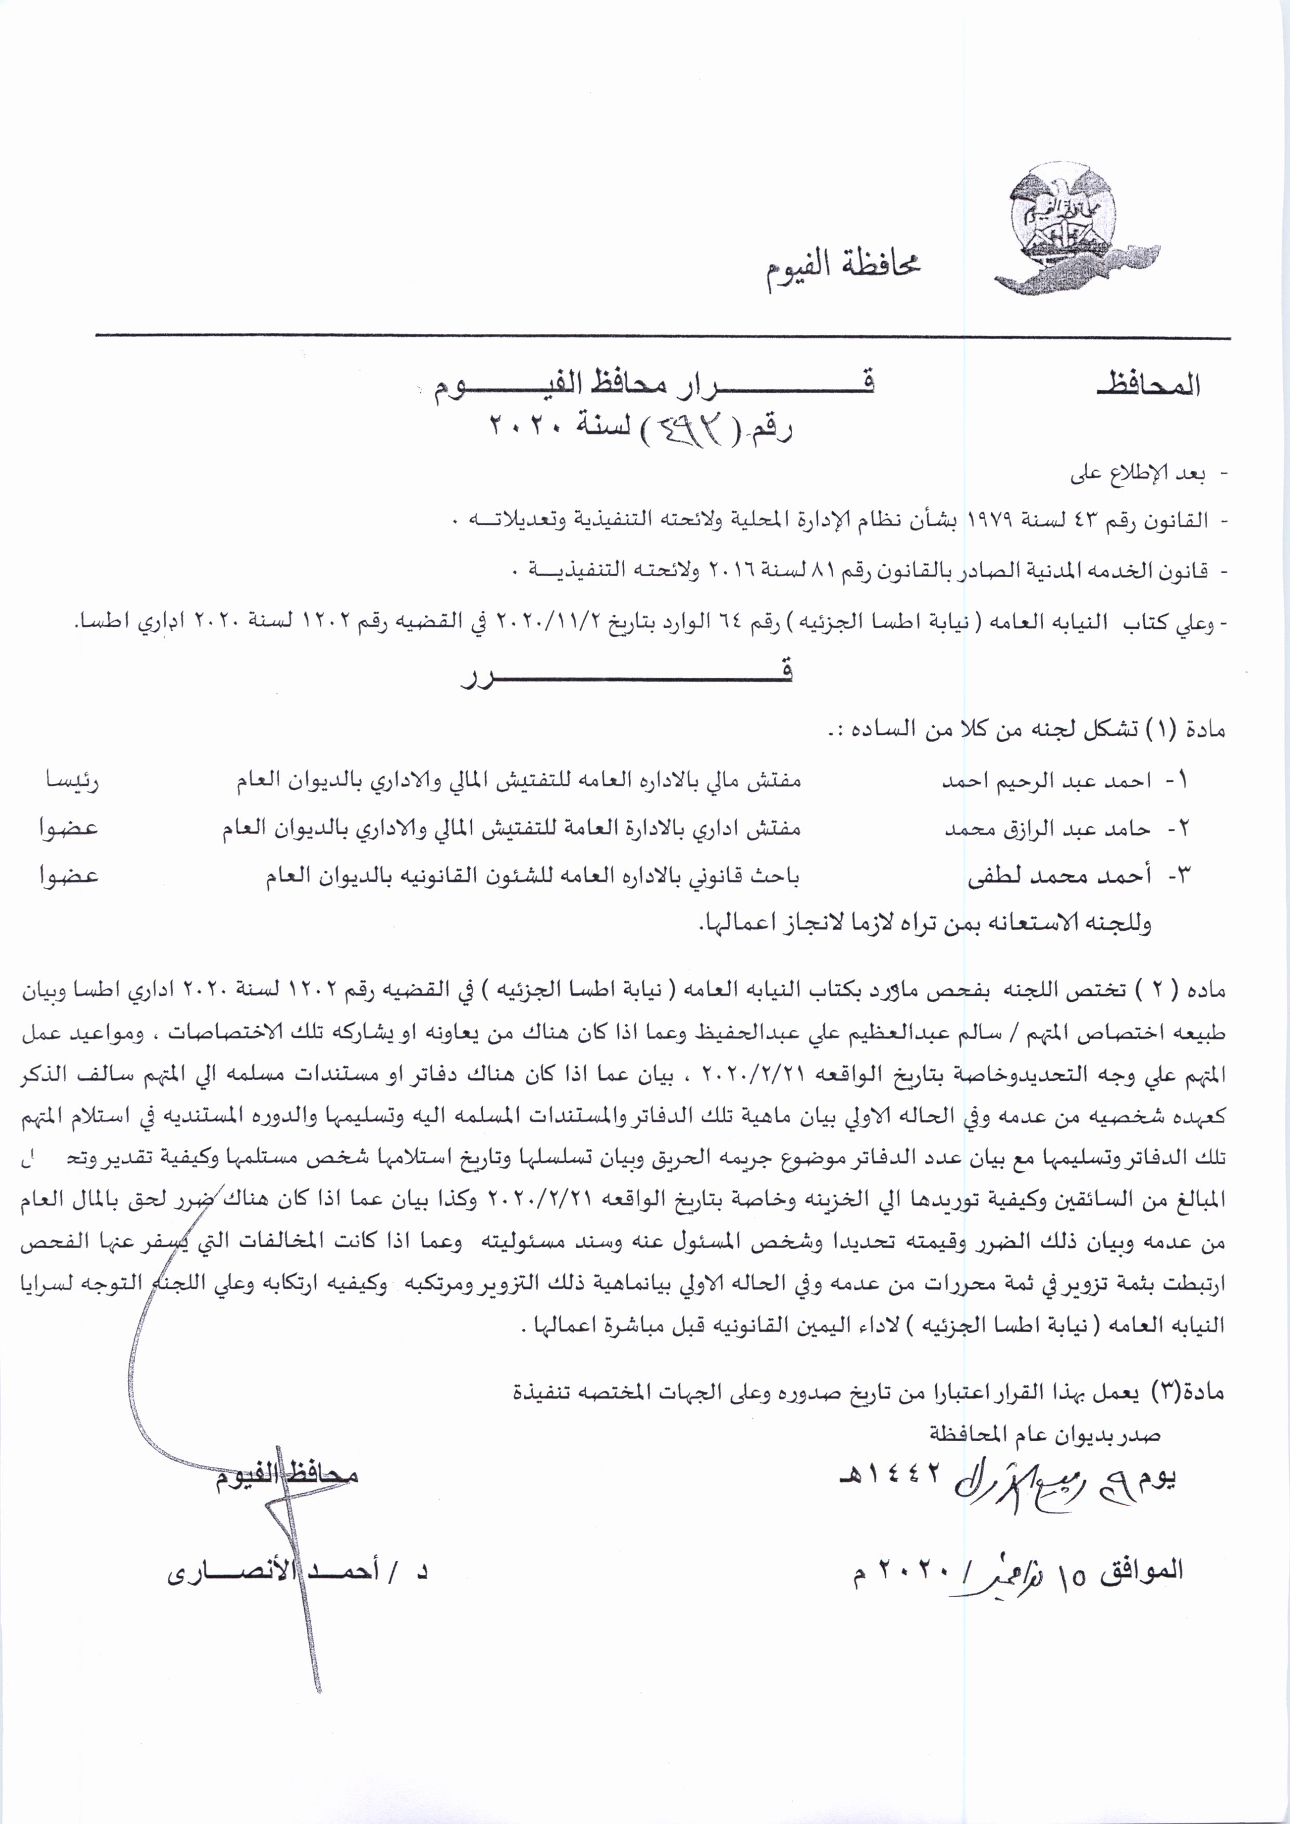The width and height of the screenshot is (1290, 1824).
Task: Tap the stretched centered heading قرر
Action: (x=627, y=673)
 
